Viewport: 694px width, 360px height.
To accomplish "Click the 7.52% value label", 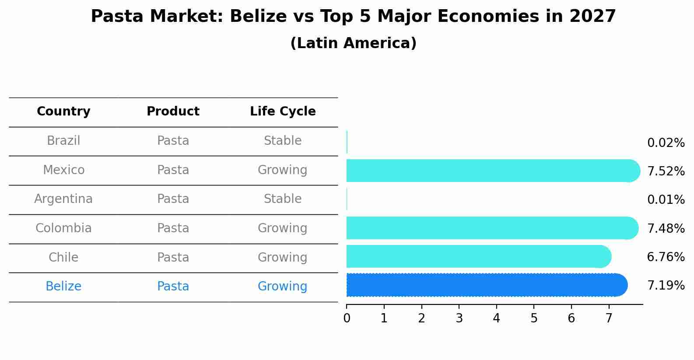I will click(x=666, y=171).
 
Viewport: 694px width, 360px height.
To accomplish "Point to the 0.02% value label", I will click(x=666, y=143).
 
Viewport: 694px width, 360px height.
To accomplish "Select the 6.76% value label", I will click(x=666, y=257).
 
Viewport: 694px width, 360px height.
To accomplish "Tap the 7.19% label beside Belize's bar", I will click(x=666, y=286).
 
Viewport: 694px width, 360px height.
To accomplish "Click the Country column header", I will click(x=63, y=112).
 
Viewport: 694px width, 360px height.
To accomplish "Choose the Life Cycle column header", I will click(x=283, y=112).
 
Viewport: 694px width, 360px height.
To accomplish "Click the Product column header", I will click(x=173, y=112).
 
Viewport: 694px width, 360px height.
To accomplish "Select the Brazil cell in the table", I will click(x=63, y=141).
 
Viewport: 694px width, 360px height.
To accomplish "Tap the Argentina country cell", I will click(x=63, y=199).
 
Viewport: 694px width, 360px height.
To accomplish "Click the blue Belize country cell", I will click(x=63, y=287).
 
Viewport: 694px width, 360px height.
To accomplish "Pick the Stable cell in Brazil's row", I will click(x=283, y=141).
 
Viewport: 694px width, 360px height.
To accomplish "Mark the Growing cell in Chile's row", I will click(x=282, y=257).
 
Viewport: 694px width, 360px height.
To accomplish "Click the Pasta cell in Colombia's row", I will click(x=173, y=228).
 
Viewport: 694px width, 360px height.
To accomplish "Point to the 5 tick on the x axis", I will click(x=534, y=318).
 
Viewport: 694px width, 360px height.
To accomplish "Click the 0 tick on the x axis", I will click(x=347, y=318).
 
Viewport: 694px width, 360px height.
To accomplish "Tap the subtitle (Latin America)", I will click(x=353, y=43).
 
